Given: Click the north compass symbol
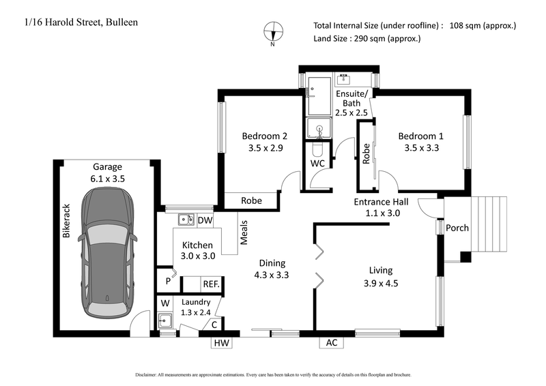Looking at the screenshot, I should click(273, 31).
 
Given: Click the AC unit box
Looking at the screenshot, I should click(331, 343).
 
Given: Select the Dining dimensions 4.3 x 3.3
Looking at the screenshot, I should click(272, 276).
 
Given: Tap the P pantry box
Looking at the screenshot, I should click(167, 280).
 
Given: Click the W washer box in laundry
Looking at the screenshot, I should click(165, 303).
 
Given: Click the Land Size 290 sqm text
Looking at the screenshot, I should click(367, 38).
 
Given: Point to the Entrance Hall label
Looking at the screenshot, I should click(381, 202).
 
